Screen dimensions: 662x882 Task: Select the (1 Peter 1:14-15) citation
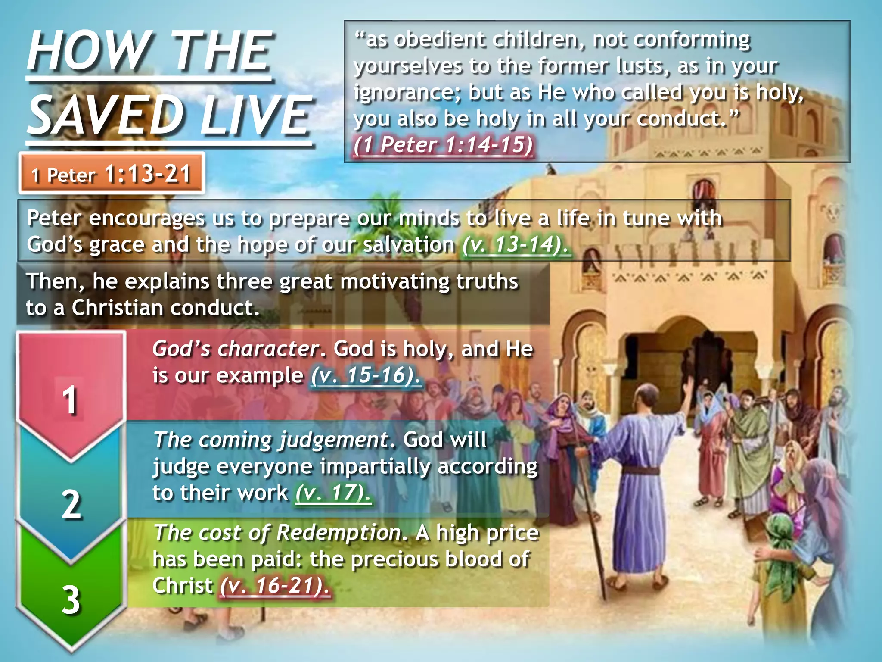[443, 145]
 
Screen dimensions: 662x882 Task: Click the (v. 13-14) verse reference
[515, 245]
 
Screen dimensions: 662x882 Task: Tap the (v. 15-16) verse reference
[366, 375]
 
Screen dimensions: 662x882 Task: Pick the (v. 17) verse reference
[332, 493]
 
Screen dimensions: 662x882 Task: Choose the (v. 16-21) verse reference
[275, 586]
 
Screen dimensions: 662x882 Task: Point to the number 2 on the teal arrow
[71, 504]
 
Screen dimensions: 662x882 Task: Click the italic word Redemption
[340, 533]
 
